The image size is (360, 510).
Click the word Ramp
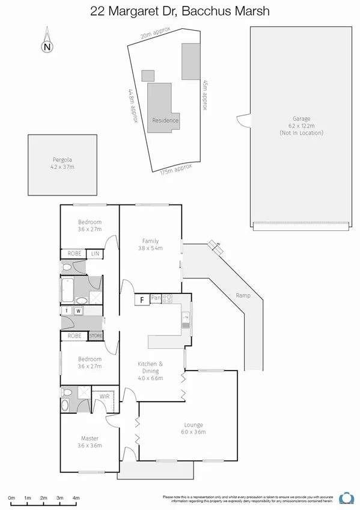tap(242, 295)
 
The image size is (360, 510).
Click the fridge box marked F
tap(142, 299)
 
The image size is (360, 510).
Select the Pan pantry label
tap(156, 298)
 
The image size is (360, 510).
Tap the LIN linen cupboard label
tap(95, 254)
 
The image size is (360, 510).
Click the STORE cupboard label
tap(96, 336)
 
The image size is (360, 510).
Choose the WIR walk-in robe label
tap(104, 396)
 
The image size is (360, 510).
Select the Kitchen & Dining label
tap(150, 367)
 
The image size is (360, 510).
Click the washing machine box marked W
tap(78, 310)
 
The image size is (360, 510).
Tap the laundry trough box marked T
tap(67, 310)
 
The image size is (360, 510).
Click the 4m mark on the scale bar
tap(76, 498)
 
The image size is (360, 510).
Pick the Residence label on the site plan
tap(165, 120)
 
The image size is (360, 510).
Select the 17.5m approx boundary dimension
tap(176, 171)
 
